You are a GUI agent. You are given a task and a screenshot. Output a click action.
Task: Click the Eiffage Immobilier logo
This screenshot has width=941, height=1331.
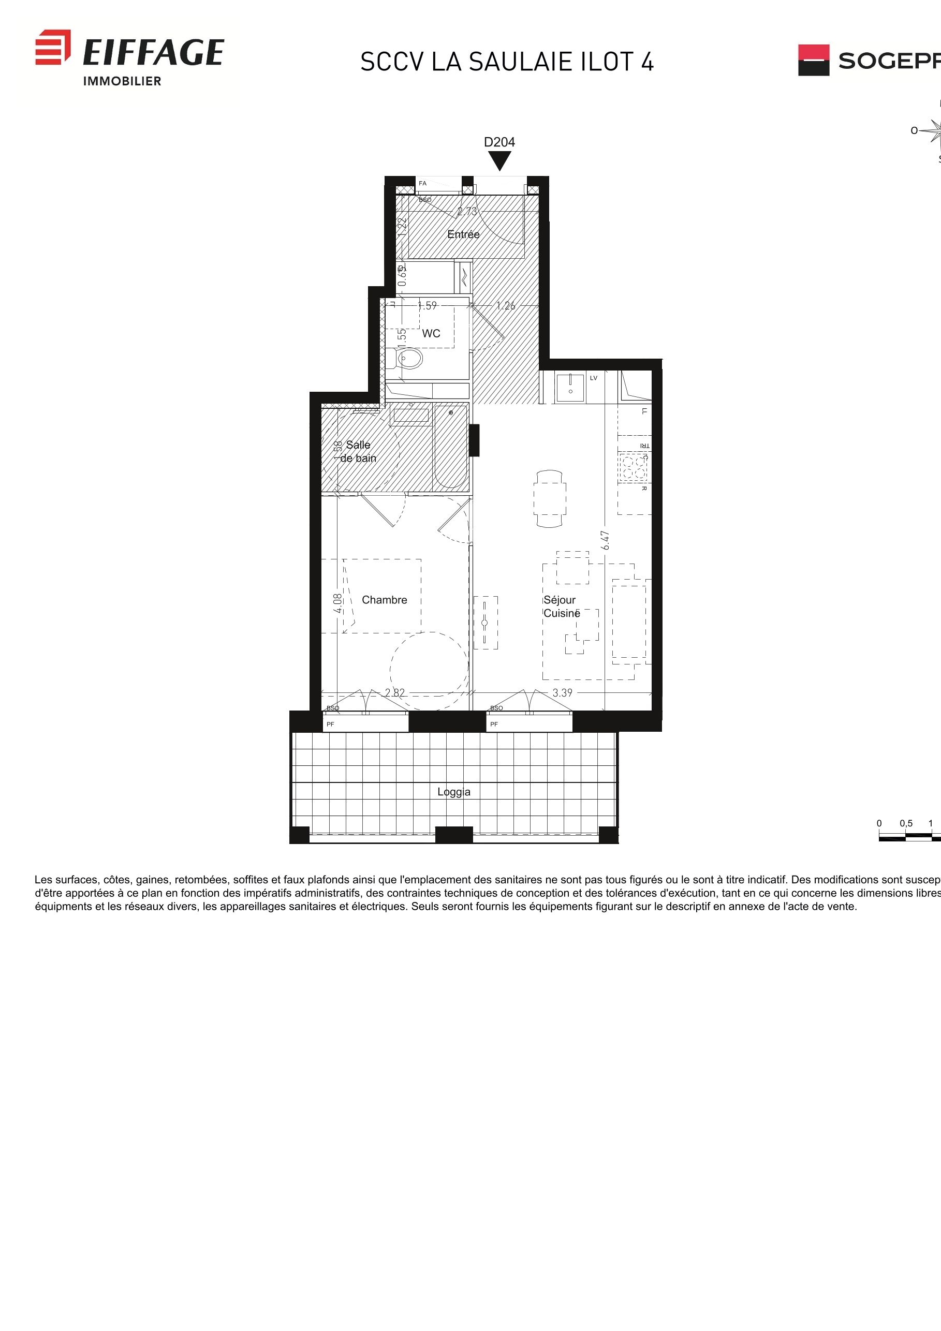pyautogui.click(x=130, y=57)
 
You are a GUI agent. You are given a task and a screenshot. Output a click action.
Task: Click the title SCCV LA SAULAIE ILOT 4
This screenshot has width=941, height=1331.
pyautogui.click(x=507, y=62)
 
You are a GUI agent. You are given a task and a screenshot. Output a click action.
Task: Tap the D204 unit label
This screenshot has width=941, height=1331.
pyautogui.click(x=499, y=142)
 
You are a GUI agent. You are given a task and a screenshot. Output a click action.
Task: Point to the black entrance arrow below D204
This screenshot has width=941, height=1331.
pyautogui.click(x=499, y=160)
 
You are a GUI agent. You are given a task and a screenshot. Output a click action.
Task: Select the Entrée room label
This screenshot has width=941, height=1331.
pyautogui.click(x=463, y=234)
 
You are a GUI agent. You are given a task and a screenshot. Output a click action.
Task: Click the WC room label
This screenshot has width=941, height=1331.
pyautogui.click(x=431, y=333)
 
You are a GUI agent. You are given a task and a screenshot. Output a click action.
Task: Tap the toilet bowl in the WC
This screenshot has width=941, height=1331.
pyautogui.click(x=410, y=358)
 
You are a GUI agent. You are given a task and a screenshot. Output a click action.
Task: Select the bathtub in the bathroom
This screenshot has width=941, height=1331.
pyautogui.click(x=450, y=447)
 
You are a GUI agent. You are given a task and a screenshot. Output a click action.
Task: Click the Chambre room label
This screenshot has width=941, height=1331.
pyautogui.click(x=384, y=600)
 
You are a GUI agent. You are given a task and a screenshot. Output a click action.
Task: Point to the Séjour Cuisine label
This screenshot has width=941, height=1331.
pyautogui.click(x=561, y=607)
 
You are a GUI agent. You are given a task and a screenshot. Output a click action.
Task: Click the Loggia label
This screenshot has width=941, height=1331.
pyautogui.click(x=454, y=792)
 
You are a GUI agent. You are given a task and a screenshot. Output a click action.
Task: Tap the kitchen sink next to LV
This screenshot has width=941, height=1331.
pyautogui.click(x=570, y=387)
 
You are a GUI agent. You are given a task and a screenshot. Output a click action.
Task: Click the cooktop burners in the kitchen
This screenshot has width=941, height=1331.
pyautogui.click(x=633, y=468)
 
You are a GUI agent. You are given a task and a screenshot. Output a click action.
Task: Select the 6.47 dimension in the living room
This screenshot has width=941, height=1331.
pyautogui.click(x=605, y=540)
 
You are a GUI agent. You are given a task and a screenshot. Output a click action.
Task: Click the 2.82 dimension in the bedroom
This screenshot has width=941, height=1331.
pyautogui.click(x=395, y=693)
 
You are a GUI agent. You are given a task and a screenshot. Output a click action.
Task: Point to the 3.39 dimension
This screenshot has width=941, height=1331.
pyautogui.click(x=562, y=693)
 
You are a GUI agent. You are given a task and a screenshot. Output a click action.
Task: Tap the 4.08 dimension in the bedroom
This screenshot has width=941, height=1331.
pyautogui.click(x=337, y=603)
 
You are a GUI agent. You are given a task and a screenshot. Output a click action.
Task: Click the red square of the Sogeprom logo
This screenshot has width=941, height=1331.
pyautogui.click(x=814, y=52)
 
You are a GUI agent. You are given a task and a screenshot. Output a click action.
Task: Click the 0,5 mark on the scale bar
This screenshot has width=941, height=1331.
pyautogui.click(x=906, y=823)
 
